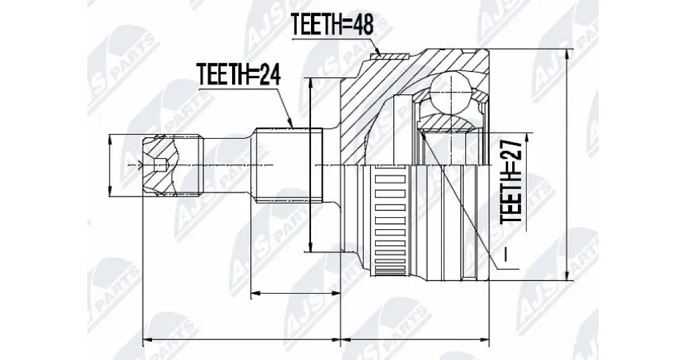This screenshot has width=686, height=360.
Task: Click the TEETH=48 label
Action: [x=332, y=24]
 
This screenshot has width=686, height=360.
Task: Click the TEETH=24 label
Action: [x=239, y=74]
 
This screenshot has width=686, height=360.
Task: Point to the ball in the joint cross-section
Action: [x=452, y=91]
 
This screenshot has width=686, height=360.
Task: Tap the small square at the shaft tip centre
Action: [x=160, y=165]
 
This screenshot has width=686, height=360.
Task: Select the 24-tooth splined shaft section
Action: [x=289, y=165]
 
